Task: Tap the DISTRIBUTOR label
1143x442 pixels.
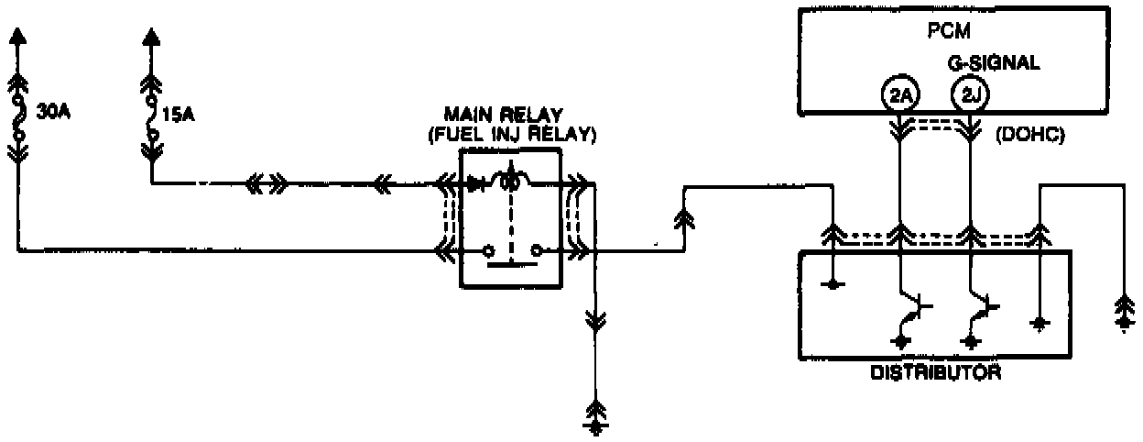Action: [x=935, y=373]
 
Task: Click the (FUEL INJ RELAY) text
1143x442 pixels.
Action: [x=512, y=134]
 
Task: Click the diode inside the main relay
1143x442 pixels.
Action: [x=475, y=184]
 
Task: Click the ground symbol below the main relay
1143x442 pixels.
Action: [x=595, y=420]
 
